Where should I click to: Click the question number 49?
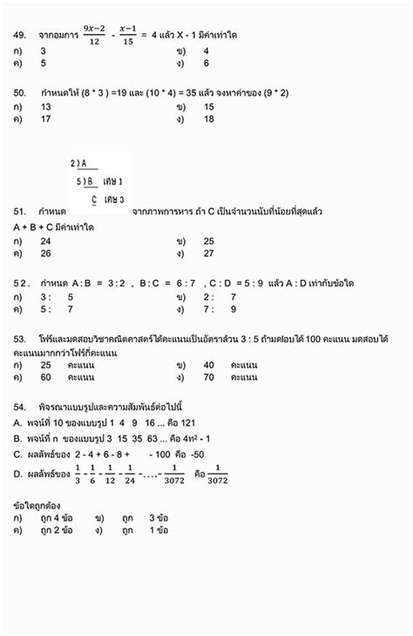coord(18,35)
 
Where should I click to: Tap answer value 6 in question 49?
coord(206,64)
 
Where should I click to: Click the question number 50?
coord(18,92)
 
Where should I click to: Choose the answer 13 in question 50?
coord(46,106)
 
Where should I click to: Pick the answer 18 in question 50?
coord(209,120)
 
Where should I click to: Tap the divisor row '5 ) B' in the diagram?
coord(85,181)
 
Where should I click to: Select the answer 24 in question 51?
coord(46,241)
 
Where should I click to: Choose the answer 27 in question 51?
coord(209,254)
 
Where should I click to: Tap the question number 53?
coord(18,338)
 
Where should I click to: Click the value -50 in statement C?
coord(194,455)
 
